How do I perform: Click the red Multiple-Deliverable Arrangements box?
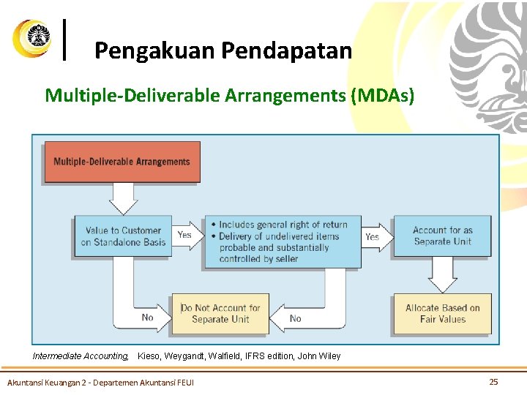[x=122, y=162]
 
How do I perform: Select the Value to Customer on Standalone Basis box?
[x=123, y=236]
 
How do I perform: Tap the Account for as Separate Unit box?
[x=442, y=236]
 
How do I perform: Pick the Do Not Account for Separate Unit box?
[x=220, y=313]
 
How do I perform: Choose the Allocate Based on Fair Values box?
[x=442, y=313]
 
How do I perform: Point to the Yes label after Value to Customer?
[x=184, y=235]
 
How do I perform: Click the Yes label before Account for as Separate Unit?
[x=372, y=236]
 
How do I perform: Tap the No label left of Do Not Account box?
[x=148, y=318]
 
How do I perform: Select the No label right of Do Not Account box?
[x=296, y=318]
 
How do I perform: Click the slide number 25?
[x=493, y=382]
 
